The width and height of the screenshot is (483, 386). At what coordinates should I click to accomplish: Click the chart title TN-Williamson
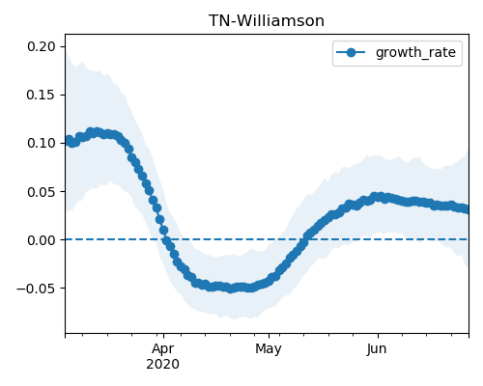pos(267,21)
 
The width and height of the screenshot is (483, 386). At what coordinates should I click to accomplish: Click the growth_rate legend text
pos(415,52)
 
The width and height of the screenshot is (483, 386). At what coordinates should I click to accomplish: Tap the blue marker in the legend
pos(351,52)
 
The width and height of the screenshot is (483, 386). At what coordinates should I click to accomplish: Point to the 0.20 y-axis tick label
pos(42,46)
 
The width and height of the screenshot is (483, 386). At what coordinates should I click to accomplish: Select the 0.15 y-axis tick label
pos(42,95)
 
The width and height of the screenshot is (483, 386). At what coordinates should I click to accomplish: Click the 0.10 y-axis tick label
pos(42,143)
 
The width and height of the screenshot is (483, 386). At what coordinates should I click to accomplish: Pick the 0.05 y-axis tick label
pos(42,192)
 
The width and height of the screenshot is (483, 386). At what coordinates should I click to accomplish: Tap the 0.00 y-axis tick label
pos(42,240)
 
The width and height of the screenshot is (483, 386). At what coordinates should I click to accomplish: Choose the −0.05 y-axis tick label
pos(36,289)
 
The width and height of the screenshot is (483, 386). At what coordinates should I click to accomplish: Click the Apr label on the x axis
pos(163,349)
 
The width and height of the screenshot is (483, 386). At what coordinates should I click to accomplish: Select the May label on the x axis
pos(269,349)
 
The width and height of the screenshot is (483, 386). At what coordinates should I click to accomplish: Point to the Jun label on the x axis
pos(377,349)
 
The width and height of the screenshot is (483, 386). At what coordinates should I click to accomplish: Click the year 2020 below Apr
pos(163,365)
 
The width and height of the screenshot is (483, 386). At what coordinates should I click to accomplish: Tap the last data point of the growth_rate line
pos(467,209)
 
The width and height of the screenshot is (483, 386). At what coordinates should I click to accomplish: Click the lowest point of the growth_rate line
pos(230,289)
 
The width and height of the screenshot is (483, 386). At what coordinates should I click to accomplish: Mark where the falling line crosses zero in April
pos(166,239)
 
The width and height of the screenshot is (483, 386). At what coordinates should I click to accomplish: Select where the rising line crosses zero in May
pos(305,239)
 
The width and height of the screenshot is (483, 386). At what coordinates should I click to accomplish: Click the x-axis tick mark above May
pos(269,336)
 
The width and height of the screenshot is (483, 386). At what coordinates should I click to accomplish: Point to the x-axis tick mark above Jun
pos(378,336)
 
